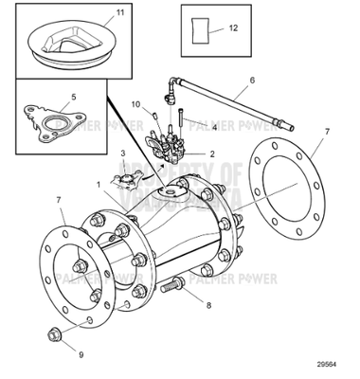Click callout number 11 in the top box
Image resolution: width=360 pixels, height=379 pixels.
coord(118,14)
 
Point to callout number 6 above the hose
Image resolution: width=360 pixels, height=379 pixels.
coord(252,81)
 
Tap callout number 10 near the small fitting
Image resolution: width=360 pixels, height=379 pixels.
coord(135,104)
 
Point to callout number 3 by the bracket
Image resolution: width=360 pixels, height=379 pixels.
coord(121,153)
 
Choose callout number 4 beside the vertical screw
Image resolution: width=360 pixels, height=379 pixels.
coord(215,125)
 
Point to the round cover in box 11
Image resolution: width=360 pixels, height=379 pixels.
coord(70,44)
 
